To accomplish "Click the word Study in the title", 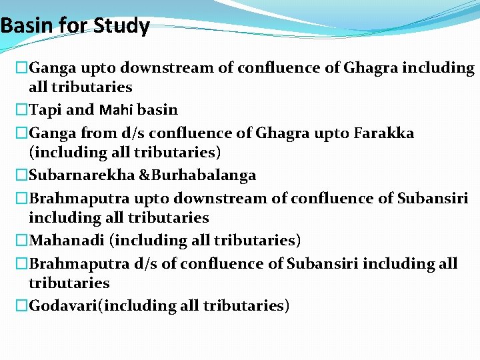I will pyautogui.click(x=122, y=27).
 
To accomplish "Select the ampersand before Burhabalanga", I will pyautogui.click(x=143, y=175).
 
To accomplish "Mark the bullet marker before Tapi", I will pyautogui.click(x=22, y=109).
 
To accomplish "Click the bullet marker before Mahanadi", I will pyautogui.click(x=22, y=240).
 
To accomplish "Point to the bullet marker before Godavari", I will pyautogui.click(x=22, y=306).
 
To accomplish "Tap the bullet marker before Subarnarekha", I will pyautogui.click(x=22, y=175).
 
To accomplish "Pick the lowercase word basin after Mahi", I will pyautogui.click(x=157, y=109).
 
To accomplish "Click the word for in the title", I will pyautogui.click(x=73, y=27).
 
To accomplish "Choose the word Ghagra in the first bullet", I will pyautogui.click(x=369, y=68).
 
